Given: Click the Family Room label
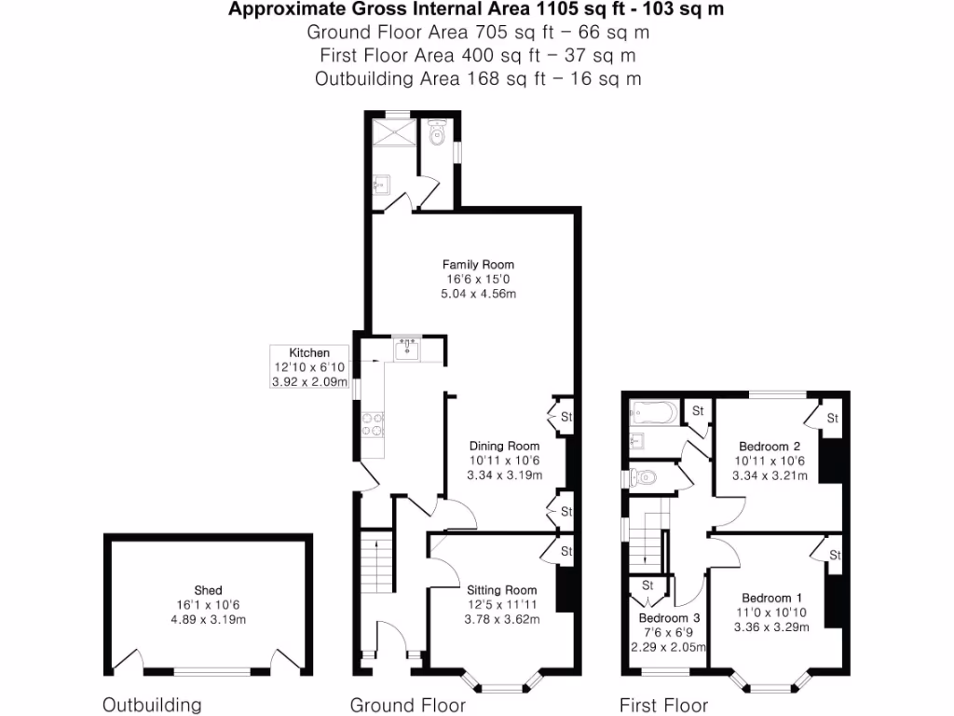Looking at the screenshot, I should point(478,264).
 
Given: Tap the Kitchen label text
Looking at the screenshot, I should point(309,352).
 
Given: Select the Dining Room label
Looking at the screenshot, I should point(504,446).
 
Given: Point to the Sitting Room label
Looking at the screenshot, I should point(501,589).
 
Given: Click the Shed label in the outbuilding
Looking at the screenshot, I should point(208,589).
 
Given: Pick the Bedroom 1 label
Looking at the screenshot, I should point(772,598).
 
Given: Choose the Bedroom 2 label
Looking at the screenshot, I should point(770,446).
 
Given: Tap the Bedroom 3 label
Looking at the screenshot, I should point(669,617).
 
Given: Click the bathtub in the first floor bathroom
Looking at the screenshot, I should point(655,411).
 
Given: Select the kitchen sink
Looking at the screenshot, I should point(407,349).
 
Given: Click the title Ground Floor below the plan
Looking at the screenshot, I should point(408,705).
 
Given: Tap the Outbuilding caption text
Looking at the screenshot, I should point(152,705).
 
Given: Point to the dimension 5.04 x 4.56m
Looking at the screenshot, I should point(478,294).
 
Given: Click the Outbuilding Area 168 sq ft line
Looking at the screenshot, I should point(478,78).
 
